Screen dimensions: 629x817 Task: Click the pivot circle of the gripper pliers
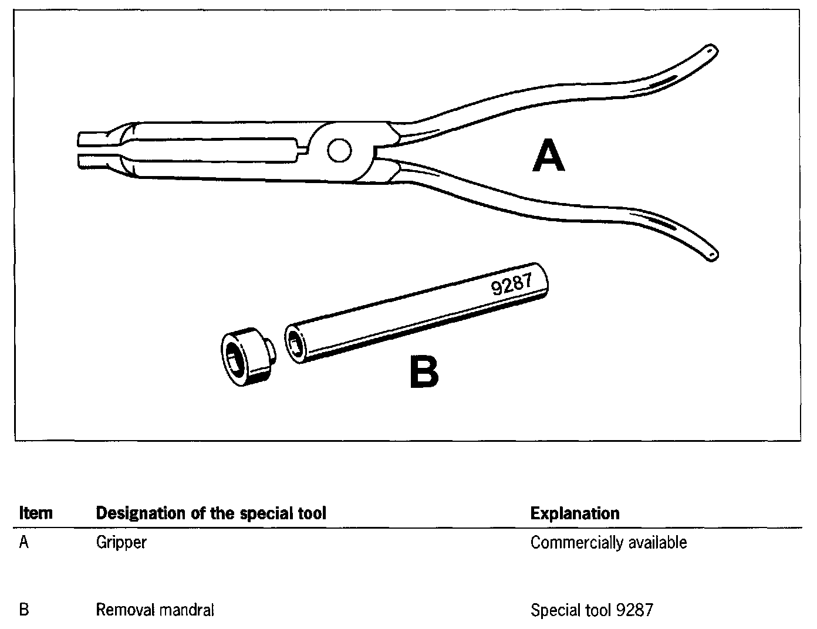point(339,151)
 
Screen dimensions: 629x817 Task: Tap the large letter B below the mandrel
point(424,373)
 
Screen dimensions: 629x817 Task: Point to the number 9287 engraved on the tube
point(511,285)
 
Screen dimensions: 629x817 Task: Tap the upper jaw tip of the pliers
point(85,139)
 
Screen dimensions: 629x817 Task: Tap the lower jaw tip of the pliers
point(85,161)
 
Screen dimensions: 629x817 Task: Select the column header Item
point(36,513)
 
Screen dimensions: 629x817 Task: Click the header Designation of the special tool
point(211,513)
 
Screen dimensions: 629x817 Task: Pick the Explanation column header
point(575,513)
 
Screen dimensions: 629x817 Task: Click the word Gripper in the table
point(121,542)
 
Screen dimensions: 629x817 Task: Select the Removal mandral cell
point(155,610)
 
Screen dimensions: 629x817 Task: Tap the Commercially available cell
point(608,542)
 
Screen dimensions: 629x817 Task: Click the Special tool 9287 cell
point(591,610)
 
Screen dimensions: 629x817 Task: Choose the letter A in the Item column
point(24,542)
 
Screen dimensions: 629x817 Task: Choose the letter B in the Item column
point(24,610)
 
